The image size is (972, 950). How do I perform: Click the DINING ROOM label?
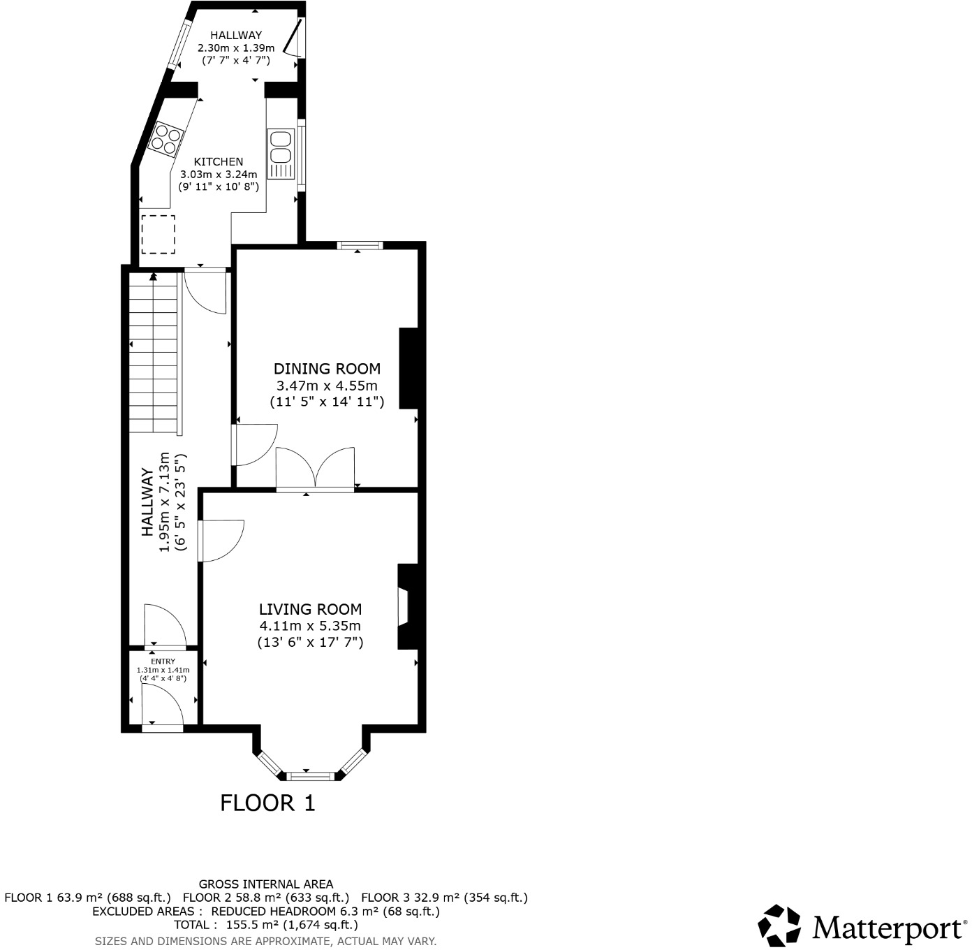(327, 369)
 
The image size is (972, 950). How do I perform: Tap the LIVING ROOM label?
(310, 609)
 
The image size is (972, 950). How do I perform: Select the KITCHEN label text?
(219, 161)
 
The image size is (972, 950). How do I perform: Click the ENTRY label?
(163, 661)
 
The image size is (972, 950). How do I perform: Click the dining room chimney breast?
(408, 368)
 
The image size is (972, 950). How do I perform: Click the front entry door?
(162, 726)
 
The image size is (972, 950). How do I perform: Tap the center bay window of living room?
(311, 775)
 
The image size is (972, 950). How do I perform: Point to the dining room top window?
(360, 245)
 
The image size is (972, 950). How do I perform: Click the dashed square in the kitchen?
(158, 234)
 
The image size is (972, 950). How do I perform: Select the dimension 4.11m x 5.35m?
(310, 626)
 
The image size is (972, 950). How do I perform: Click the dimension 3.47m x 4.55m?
(327, 386)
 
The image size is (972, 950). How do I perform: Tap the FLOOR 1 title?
(267, 803)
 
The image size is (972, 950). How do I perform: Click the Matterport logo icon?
(779, 926)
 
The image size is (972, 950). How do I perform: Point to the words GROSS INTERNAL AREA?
(266, 884)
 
